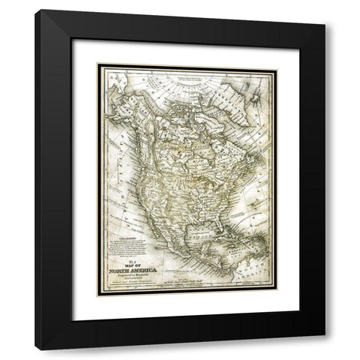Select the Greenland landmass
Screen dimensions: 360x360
238,94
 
